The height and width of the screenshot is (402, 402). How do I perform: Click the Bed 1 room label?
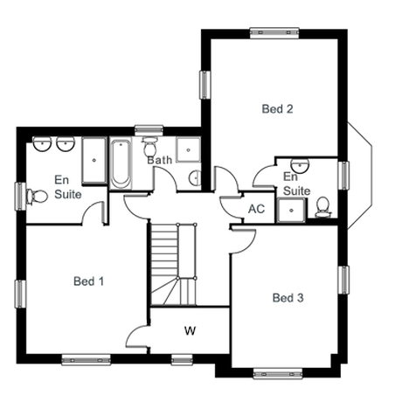point(88,281)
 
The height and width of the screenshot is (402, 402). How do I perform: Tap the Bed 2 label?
point(277,109)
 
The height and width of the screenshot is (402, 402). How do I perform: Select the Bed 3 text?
point(288,298)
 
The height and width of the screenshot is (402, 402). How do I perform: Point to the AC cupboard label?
point(256,209)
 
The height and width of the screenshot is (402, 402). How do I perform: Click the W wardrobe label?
point(190,330)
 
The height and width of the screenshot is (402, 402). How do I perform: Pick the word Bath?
point(159,160)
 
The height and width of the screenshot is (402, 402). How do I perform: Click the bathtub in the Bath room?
point(121,164)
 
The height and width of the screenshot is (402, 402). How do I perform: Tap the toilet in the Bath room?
point(149,147)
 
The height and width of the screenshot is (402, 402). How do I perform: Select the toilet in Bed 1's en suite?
point(37,197)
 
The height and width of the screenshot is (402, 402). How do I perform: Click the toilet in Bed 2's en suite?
point(322,207)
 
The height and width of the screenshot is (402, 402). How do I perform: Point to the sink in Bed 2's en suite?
point(300,165)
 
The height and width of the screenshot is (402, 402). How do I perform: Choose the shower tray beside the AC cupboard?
point(291,210)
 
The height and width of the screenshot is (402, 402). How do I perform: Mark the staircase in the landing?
point(174,264)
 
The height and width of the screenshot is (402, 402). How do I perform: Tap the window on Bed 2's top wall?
point(274,33)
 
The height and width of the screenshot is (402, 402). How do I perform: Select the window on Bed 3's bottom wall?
point(277,373)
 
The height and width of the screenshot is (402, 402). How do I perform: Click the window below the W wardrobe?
point(182,360)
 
